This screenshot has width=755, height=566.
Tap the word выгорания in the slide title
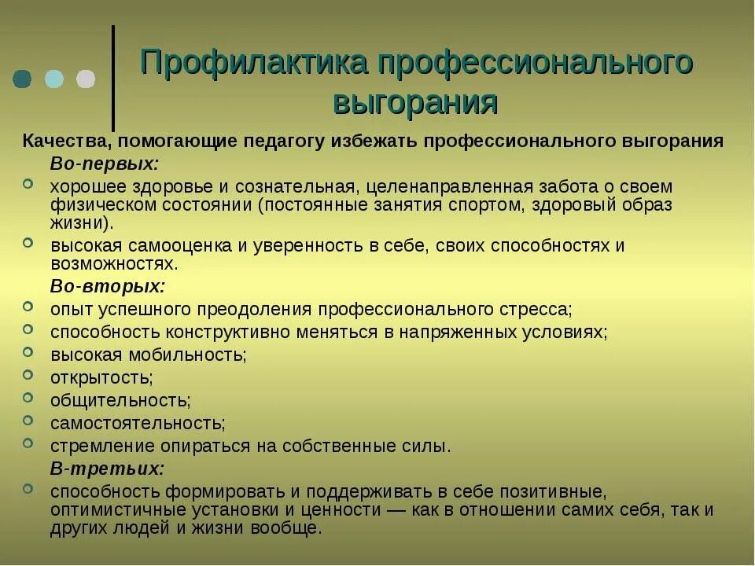click(x=416, y=102)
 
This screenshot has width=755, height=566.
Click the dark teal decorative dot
click(x=23, y=79)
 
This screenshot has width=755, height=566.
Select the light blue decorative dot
click(x=54, y=79)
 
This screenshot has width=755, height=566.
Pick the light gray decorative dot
click(x=86, y=79)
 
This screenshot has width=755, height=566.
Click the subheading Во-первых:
click(x=105, y=164)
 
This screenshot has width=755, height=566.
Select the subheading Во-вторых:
click(x=108, y=285)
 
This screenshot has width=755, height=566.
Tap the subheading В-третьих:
click(x=108, y=469)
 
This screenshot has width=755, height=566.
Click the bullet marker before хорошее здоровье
click(x=28, y=183)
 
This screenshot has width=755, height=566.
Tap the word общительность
click(x=120, y=400)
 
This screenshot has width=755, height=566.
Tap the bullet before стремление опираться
click(x=28, y=443)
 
